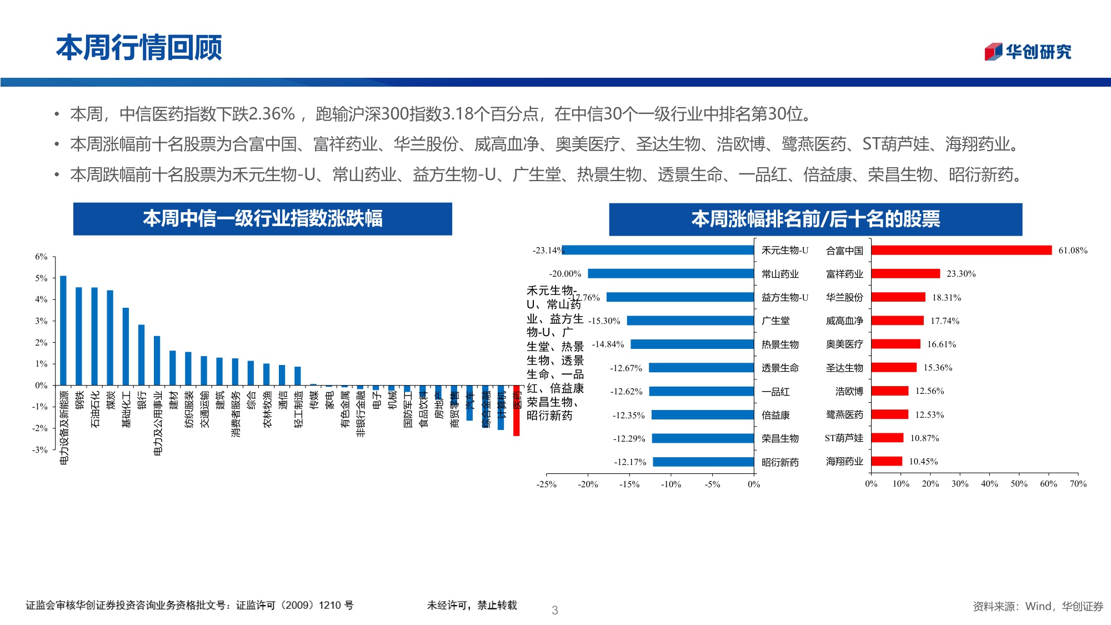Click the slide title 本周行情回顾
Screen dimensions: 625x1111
(139, 47)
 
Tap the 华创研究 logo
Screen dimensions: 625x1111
(1028, 52)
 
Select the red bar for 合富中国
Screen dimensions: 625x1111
(961, 250)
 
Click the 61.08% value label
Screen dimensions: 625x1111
(1073, 251)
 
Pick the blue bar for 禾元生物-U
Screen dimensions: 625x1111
(658, 250)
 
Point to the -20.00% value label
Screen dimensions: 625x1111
(565, 274)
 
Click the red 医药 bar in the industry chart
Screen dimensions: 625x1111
(516, 411)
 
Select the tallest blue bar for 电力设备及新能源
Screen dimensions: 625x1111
(63, 331)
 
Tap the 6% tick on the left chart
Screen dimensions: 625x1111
(41, 257)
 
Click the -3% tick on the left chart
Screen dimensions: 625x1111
(40, 450)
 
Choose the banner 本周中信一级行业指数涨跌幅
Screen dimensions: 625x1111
(262, 218)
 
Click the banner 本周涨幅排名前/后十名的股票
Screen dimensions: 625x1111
(815, 219)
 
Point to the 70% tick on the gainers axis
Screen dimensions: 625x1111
(1078, 484)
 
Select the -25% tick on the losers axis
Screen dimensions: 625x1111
(546, 484)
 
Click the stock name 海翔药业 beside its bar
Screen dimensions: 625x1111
(844, 461)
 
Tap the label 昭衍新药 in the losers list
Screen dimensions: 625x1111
(780, 462)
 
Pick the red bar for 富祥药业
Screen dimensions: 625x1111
(905, 273)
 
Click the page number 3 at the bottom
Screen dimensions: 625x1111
(554, 610)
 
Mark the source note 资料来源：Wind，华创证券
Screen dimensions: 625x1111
(1038, 606)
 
